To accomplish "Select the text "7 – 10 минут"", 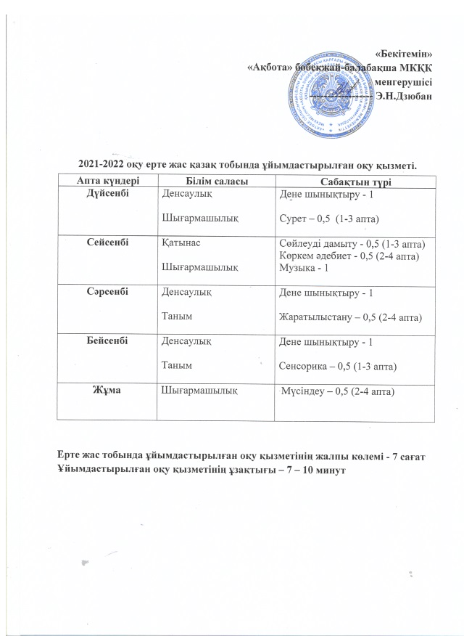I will tap(312, 469).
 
